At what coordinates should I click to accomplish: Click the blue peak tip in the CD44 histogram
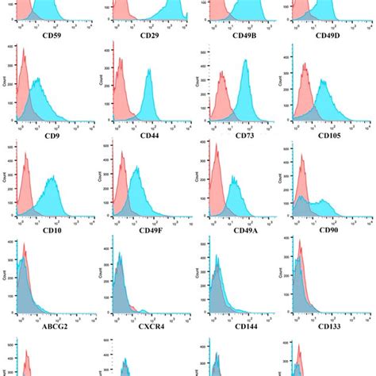tap(148, 70)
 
